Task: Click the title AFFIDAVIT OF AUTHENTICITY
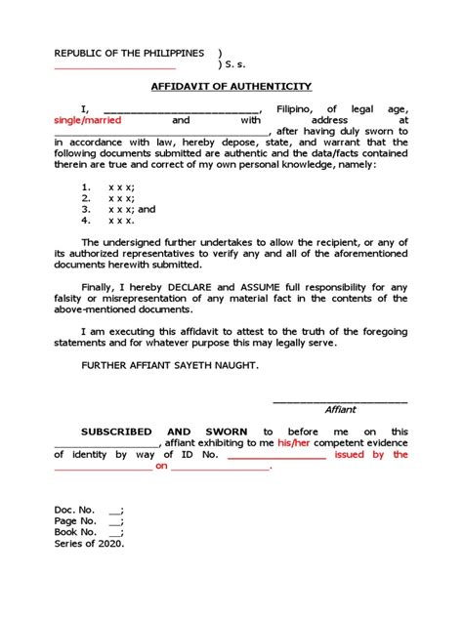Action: [x=231, y=86]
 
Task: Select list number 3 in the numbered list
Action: [x=86, y=209]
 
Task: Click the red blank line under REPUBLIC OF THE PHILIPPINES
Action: [x=115, y=68]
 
